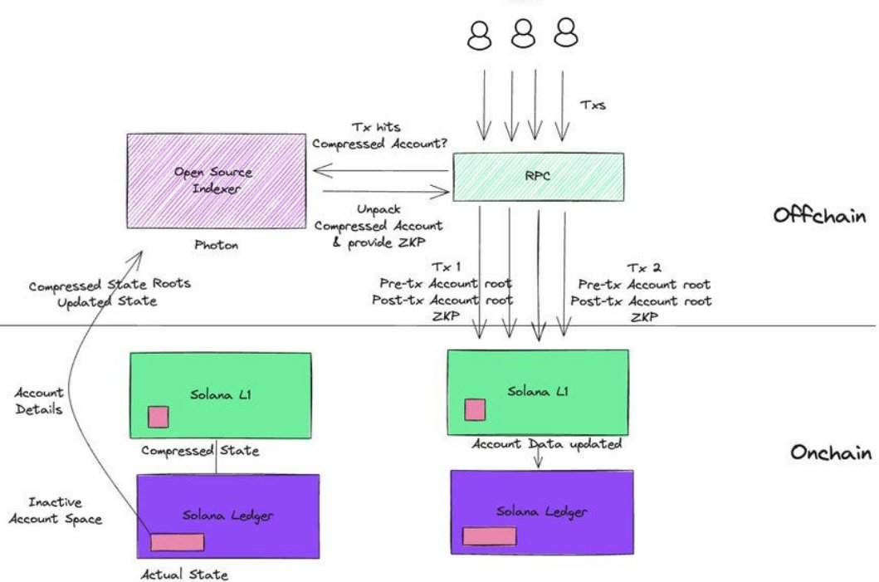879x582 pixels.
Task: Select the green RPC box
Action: [538, 177]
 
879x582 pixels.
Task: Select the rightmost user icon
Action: [565, 36]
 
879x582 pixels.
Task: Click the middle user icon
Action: [523, 36]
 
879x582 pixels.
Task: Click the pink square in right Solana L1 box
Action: [475, 410]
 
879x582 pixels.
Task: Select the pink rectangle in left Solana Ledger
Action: [177, 542]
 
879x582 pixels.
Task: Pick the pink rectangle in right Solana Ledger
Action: [489, 536]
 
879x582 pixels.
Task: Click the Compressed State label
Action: [200, 452]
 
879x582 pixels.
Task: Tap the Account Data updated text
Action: [547, 444]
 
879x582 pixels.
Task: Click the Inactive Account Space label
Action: [66, 511]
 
